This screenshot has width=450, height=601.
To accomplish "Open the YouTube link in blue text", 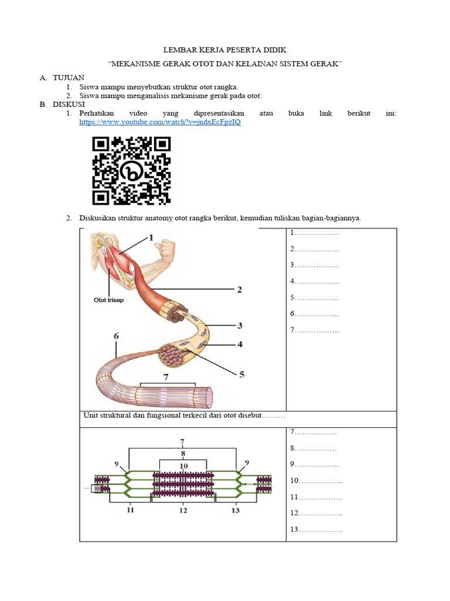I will pos(159,123).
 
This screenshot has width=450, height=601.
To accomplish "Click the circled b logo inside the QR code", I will pos(132,171).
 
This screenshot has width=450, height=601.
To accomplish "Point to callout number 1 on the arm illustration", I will pos(151,238).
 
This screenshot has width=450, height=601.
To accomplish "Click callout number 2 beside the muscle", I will pos(239,289).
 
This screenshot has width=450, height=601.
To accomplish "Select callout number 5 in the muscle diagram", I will pos(241,373).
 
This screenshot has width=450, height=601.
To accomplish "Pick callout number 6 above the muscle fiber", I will pos(116,336).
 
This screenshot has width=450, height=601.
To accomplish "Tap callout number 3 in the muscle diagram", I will pos(239,325).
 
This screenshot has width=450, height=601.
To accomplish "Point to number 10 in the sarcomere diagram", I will pos(183,466).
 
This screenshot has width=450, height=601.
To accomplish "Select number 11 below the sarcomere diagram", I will pos(130,510).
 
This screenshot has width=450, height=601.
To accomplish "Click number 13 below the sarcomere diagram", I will pos(236,510).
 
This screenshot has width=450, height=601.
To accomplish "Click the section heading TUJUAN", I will pos(69,77).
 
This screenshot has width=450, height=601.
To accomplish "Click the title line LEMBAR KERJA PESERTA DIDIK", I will pos(225,51).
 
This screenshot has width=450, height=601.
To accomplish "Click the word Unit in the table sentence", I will pos(93,416).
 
